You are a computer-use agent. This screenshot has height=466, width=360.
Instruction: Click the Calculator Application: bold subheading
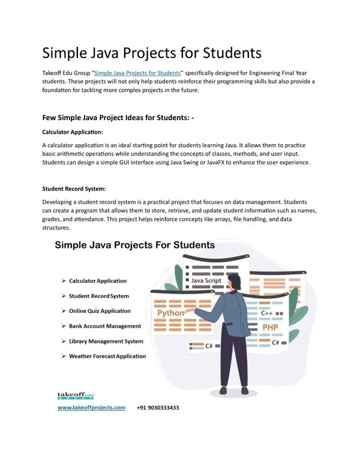73,132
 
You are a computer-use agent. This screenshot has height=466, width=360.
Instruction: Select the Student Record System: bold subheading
74,188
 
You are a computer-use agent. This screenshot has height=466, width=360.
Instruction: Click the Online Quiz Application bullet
100,311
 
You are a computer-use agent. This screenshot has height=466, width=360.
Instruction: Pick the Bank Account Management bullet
105,326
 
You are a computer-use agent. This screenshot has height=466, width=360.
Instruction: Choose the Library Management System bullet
106,341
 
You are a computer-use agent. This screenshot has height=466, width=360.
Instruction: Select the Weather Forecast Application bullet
107,356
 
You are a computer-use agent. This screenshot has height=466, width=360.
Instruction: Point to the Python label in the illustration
171,313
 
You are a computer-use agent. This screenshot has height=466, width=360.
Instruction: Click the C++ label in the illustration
266,313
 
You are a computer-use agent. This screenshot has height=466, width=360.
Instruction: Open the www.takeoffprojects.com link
91,407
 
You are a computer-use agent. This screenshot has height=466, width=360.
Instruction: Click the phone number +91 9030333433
158,407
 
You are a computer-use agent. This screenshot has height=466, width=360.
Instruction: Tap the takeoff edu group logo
73,395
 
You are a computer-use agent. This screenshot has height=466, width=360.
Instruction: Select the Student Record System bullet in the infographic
99,296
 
